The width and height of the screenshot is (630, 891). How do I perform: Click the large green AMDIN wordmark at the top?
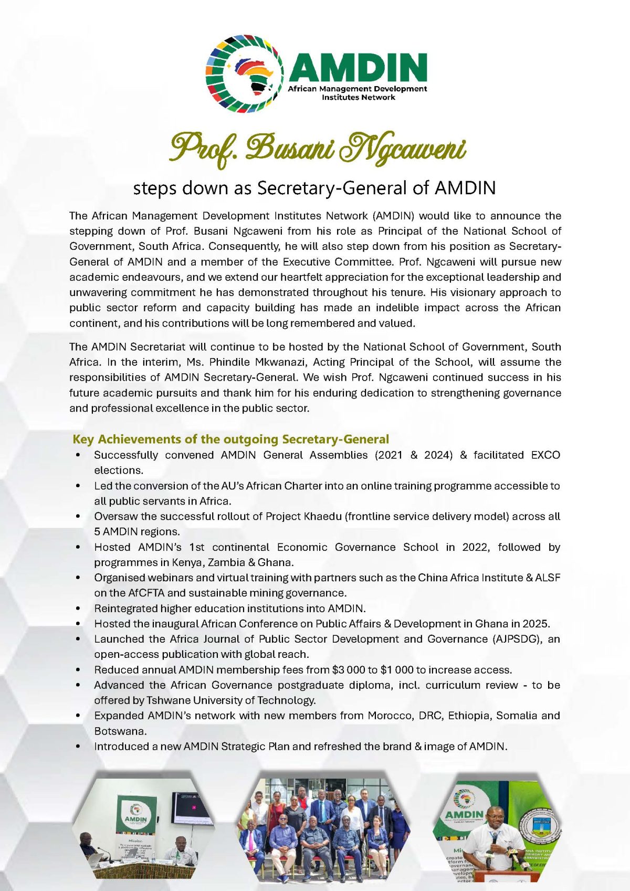click(359, 67)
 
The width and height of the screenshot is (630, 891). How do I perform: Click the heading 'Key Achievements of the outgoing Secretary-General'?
click(230, 439)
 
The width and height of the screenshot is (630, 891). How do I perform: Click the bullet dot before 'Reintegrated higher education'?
click(78, 609)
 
